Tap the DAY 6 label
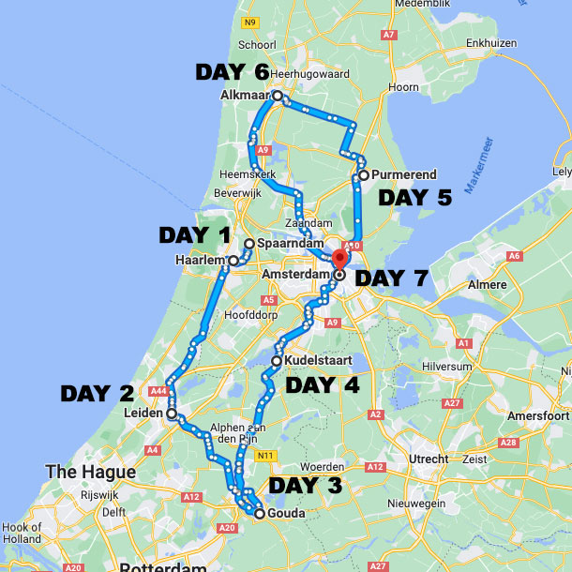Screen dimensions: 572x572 [232, 72]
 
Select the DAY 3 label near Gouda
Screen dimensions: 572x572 [306, 486]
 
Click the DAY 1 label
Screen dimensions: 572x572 [195, 234]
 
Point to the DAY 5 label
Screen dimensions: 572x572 [414, 198]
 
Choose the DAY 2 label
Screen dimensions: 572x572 [98, 394]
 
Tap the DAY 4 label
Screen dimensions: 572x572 [322, 384]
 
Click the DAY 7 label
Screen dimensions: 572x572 [392, 278]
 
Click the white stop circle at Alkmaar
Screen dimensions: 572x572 [278, 96]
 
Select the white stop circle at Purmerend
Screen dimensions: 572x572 [363, 174]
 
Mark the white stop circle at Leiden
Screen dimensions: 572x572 [172, 413]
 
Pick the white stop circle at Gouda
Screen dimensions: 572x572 [260, 513]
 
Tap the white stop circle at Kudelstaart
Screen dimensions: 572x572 [277, 360]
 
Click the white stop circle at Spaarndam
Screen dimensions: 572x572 [248, 244]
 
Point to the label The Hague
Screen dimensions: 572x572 [90, 472]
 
